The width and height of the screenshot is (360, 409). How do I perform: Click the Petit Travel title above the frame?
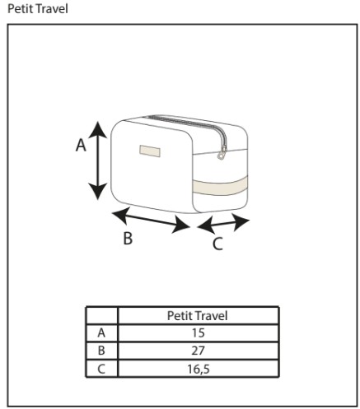[38, 8]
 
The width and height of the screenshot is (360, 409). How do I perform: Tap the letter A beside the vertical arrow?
[81, 145]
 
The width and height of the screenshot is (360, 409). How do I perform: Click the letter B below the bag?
[128, 238]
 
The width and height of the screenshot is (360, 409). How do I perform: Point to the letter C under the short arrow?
[217, 244]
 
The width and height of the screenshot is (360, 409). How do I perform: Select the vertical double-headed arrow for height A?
[97, 160]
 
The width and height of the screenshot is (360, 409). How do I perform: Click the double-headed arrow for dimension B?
[151, 221]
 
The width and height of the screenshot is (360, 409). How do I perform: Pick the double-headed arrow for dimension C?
[223, 223]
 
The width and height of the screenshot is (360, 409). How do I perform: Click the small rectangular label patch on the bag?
[150, 151]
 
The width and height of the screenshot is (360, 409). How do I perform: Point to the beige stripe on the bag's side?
[220, 187]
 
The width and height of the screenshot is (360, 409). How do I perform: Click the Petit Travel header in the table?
[198, 316]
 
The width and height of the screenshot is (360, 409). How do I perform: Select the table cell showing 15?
[198, 333]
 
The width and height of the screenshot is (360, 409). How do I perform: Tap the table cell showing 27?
[198, 351]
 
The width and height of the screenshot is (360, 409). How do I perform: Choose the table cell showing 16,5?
[198, 369]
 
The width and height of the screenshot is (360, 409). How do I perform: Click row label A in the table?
[101, 333]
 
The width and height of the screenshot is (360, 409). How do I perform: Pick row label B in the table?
[101, 351]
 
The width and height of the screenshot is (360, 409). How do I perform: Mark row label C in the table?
[101, 369]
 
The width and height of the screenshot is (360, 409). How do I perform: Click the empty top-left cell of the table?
[101, 316]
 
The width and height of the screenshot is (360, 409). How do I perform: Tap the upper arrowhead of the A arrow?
[97, 129]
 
